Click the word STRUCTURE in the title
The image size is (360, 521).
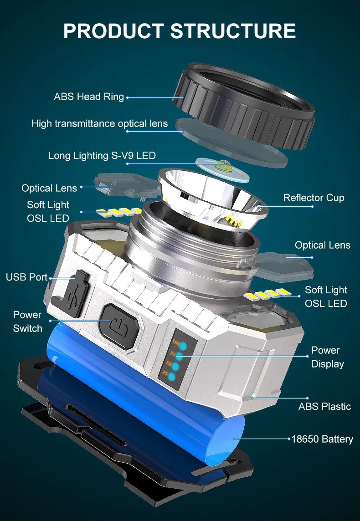233,31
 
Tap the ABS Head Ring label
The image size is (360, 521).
89,97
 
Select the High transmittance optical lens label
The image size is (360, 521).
100,123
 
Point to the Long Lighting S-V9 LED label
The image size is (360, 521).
102,155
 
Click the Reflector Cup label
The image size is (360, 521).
314,198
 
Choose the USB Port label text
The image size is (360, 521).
26,277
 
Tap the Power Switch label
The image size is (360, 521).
28,322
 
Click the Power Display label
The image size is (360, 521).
328,357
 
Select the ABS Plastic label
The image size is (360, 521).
324,406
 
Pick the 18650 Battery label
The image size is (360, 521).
322,439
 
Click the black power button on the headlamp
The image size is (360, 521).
120,326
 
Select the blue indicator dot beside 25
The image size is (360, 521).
172,377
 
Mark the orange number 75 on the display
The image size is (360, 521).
173,354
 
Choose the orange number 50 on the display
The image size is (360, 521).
169,364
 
